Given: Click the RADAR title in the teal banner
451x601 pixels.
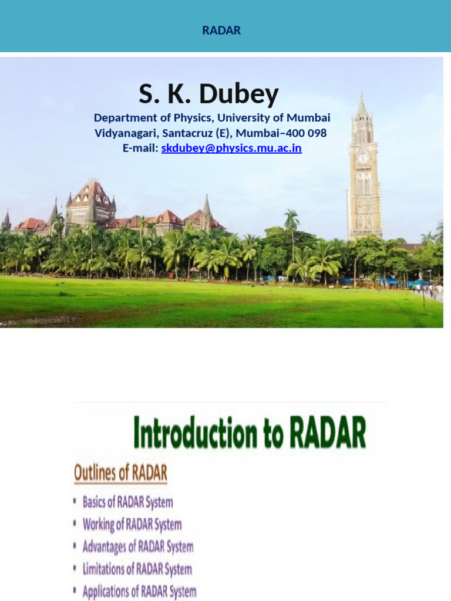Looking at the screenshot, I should (221, 31).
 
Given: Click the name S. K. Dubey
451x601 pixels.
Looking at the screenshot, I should (208, 94).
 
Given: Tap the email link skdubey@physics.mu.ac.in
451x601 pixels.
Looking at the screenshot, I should (231, 148).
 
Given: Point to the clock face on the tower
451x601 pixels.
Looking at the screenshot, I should (364, 158).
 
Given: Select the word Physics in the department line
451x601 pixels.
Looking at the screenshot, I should (191, 118).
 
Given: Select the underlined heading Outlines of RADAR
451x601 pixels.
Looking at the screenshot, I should (120, 473).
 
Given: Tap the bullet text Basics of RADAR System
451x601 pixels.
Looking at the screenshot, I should (127, 502).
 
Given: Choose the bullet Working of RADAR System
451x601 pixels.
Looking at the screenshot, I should (132, 524).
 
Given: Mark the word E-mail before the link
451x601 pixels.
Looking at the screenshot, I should (140, 148).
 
